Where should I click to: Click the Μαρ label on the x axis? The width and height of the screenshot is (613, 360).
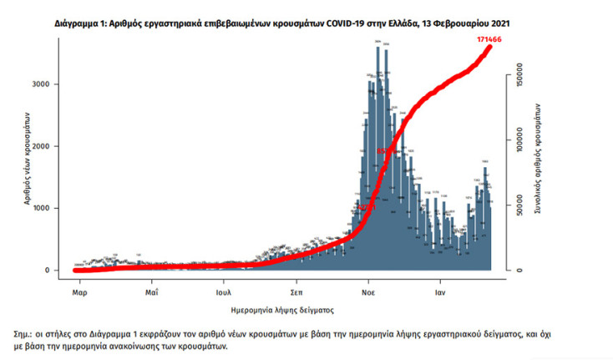80,293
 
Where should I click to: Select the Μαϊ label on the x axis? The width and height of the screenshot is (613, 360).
151,293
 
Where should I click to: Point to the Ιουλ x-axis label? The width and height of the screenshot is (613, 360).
223,293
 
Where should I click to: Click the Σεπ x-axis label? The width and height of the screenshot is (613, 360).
296,293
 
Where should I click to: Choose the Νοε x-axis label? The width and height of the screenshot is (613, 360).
368,293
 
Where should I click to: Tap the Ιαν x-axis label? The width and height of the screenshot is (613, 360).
439,293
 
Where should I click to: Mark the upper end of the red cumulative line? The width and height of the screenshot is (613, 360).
490,46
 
